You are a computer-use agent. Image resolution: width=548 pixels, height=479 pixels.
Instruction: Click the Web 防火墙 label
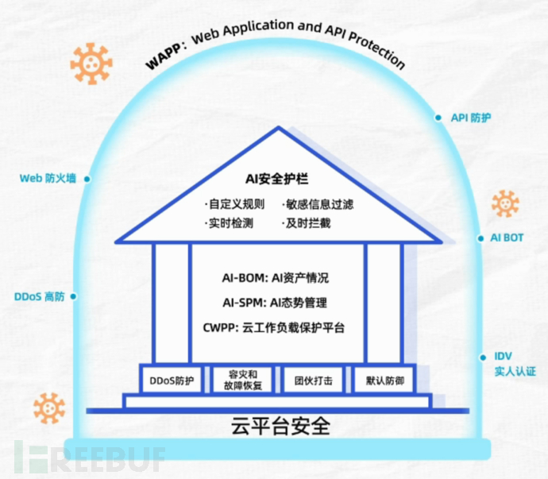click(48, 179)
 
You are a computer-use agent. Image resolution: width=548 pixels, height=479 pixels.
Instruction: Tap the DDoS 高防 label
click(40, 296)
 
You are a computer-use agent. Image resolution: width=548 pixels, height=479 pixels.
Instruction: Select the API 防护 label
click(471, 118)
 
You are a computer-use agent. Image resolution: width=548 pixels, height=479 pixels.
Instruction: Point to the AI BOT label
click(506, 238)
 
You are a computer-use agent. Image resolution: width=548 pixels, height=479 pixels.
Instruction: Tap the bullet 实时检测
click(229, 223)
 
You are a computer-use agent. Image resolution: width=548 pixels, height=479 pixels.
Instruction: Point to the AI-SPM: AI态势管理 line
click(276, 302)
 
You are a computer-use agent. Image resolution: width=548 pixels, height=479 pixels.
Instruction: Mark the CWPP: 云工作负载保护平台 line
click(278, 326)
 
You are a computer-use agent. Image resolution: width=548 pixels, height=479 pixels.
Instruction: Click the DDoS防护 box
click(172, 380)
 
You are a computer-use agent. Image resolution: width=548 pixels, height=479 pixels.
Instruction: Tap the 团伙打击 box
click(313, 380)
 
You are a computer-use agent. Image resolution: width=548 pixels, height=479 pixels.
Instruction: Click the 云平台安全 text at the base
click(280, 427)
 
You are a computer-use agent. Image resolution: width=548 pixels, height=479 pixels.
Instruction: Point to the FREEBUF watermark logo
click(87, 458)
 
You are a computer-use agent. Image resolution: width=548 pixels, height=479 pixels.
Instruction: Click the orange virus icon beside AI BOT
click(505, 203)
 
